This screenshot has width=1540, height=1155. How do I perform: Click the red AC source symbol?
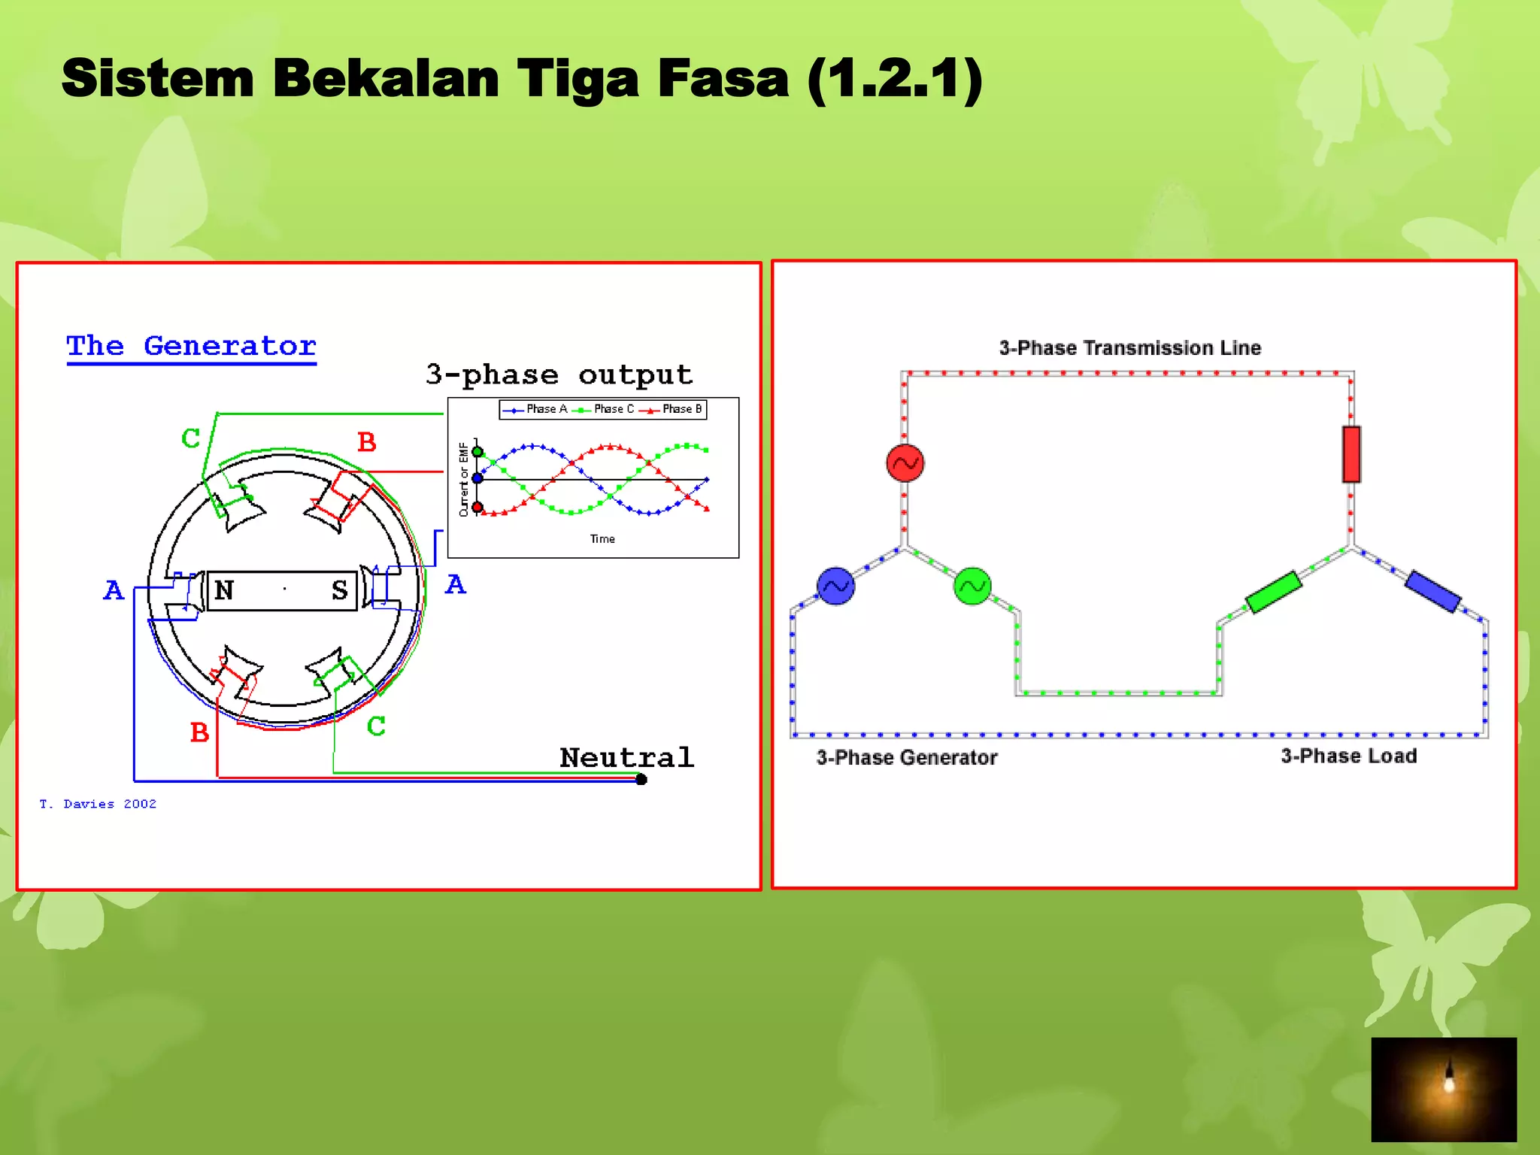click(905, 463)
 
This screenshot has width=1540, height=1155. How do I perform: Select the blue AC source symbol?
click(835, 586)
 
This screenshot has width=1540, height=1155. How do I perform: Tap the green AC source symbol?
click(972, 586)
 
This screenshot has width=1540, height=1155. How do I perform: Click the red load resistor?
click(1351, 454)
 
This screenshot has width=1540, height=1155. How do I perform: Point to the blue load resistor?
click(1433, 591)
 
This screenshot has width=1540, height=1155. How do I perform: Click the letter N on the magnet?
click(224, 590)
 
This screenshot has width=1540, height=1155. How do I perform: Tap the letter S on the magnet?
click(340, 590)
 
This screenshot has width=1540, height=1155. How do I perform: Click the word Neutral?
click(626, 757)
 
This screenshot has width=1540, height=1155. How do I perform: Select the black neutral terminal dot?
click(641, 780)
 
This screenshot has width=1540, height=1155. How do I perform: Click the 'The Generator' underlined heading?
click(191, 346)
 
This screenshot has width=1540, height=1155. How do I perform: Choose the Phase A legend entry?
click(535, 409)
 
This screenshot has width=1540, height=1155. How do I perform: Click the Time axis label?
click(602, 539)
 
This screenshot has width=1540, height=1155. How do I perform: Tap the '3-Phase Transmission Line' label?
click(1129, 348)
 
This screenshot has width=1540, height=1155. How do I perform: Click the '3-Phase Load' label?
click(1349, 756)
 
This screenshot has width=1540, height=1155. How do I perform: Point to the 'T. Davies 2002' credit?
click(98, 804)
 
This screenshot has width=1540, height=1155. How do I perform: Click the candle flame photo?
click(1444, 1089)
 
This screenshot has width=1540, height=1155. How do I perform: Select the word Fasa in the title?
click(723, 78)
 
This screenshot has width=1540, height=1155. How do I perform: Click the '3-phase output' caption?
click(559, 374)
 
